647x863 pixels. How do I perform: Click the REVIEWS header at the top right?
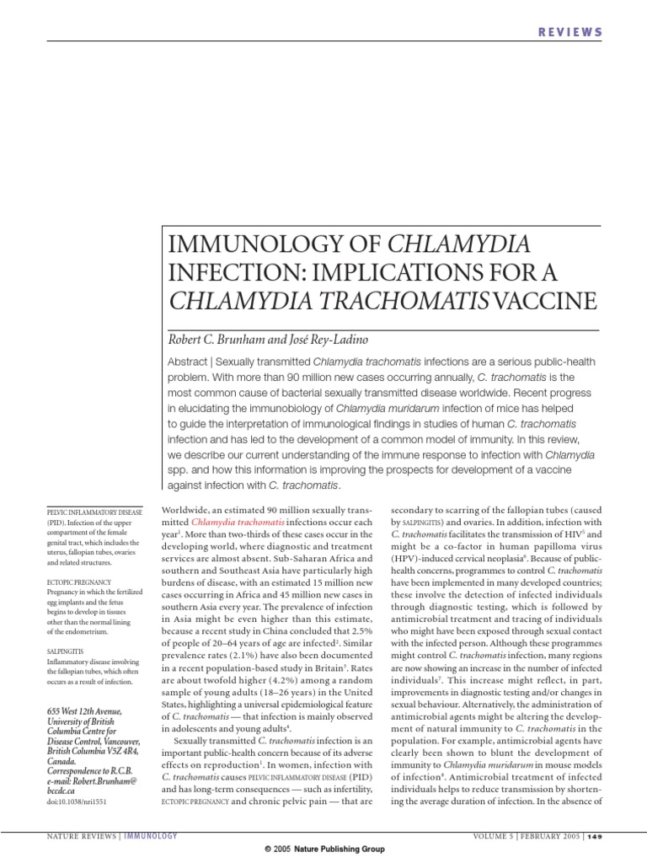(x=570, y=32)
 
